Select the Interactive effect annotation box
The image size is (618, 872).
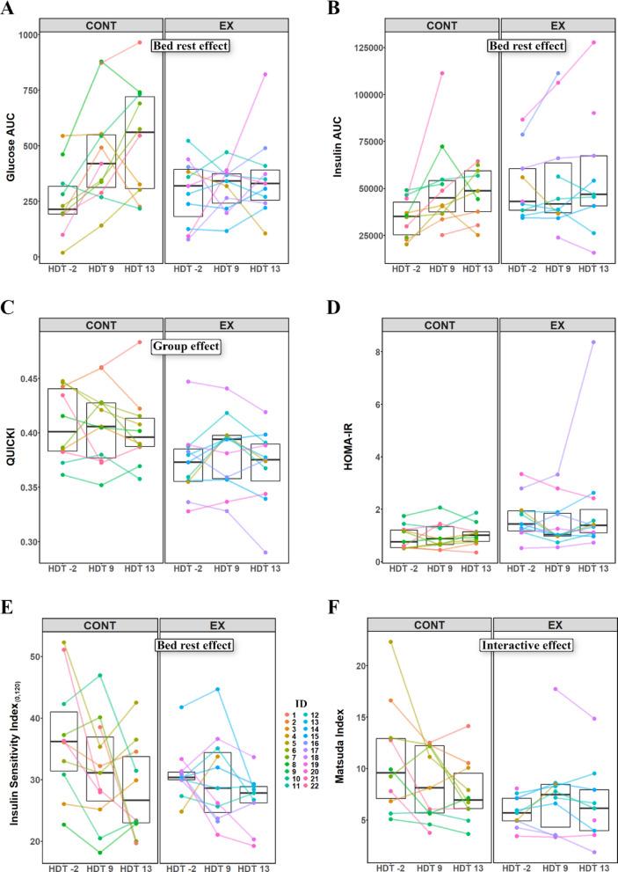(524, 645)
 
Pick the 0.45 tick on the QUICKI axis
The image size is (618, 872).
(28, 379)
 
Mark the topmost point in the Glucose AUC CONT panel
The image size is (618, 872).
(139, 42)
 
